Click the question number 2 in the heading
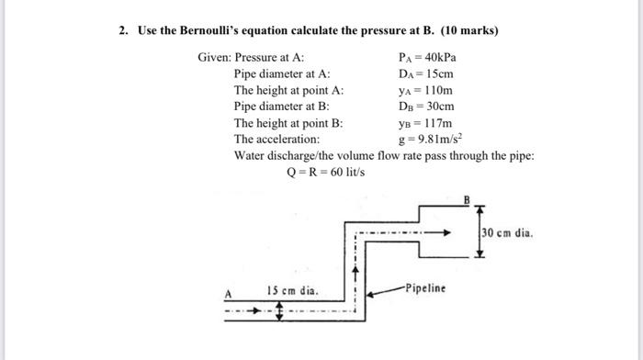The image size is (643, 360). (122, 30)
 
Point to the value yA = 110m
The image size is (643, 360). (426, 90)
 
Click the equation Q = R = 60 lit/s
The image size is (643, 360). (326, 172)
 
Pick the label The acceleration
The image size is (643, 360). (276, 139)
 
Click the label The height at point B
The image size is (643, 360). (288, 122)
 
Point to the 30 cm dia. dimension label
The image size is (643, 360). (506, 231)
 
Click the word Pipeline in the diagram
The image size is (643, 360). (423, 288)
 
